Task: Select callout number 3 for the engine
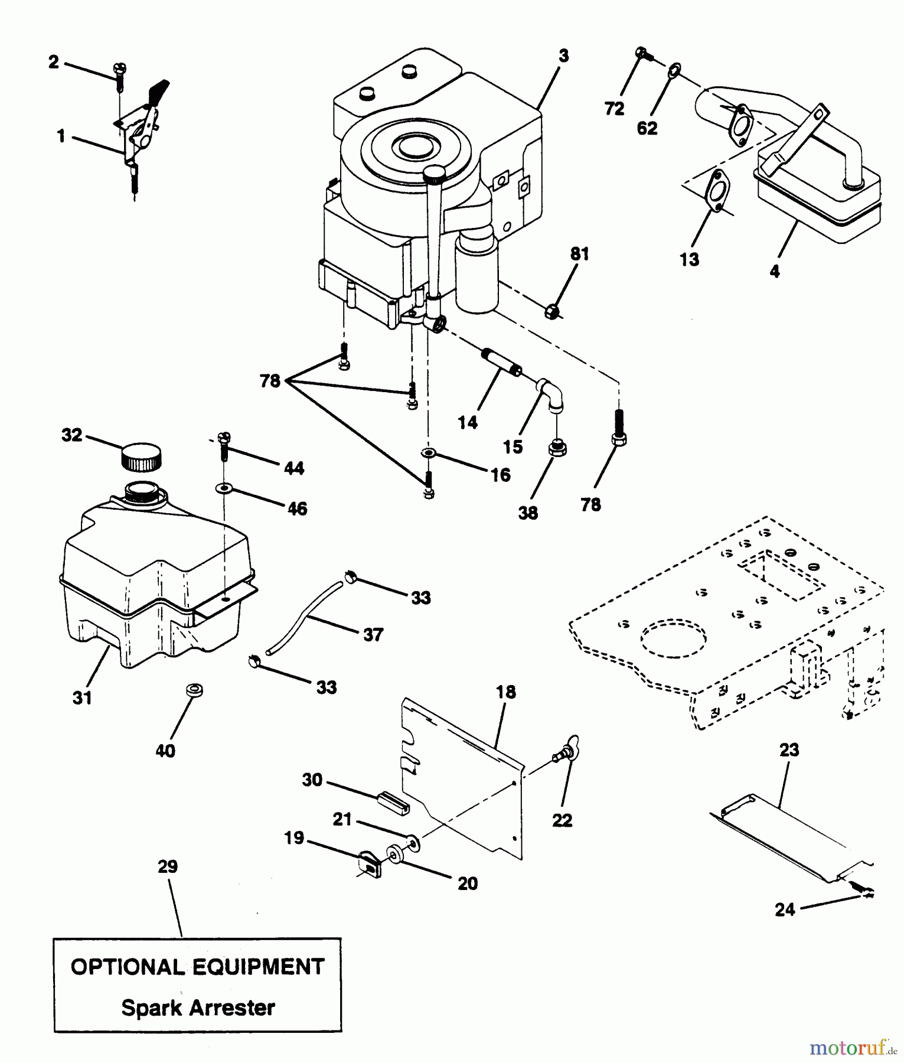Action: point(563,56)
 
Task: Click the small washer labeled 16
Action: point(429,453)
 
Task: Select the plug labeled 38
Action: point(557,449)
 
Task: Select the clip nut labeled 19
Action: point(369,863)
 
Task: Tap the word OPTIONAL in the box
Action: point(127,967)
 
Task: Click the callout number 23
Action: point(789,750)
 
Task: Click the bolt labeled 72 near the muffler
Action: point(643,56)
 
